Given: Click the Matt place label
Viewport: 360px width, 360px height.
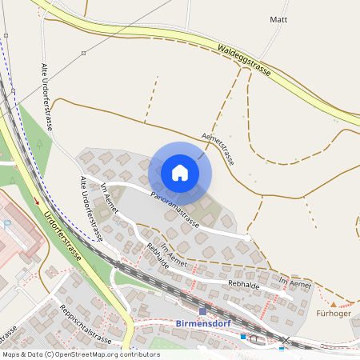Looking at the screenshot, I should click(278, 19).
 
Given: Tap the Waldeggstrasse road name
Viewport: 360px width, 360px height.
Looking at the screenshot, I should click(244, 60).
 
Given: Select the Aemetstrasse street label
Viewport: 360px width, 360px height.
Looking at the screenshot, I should click(218, 148).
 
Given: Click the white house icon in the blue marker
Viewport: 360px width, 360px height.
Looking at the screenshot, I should click(180, 173).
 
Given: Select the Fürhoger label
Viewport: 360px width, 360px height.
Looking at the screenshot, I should click(334, 313).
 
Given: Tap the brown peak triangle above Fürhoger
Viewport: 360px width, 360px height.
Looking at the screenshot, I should click(334, 303).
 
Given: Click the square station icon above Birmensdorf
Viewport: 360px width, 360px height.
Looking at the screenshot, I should click(202, 310).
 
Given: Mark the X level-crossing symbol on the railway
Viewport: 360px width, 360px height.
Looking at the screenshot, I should click(285, 341).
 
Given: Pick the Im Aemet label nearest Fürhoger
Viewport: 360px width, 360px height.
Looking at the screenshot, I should click(294, 281).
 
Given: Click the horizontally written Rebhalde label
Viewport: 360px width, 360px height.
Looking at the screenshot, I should click(245, 284).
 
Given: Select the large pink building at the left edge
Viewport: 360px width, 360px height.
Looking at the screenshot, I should click(16, 232).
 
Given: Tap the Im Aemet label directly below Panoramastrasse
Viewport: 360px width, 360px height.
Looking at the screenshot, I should click(174, 255).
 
